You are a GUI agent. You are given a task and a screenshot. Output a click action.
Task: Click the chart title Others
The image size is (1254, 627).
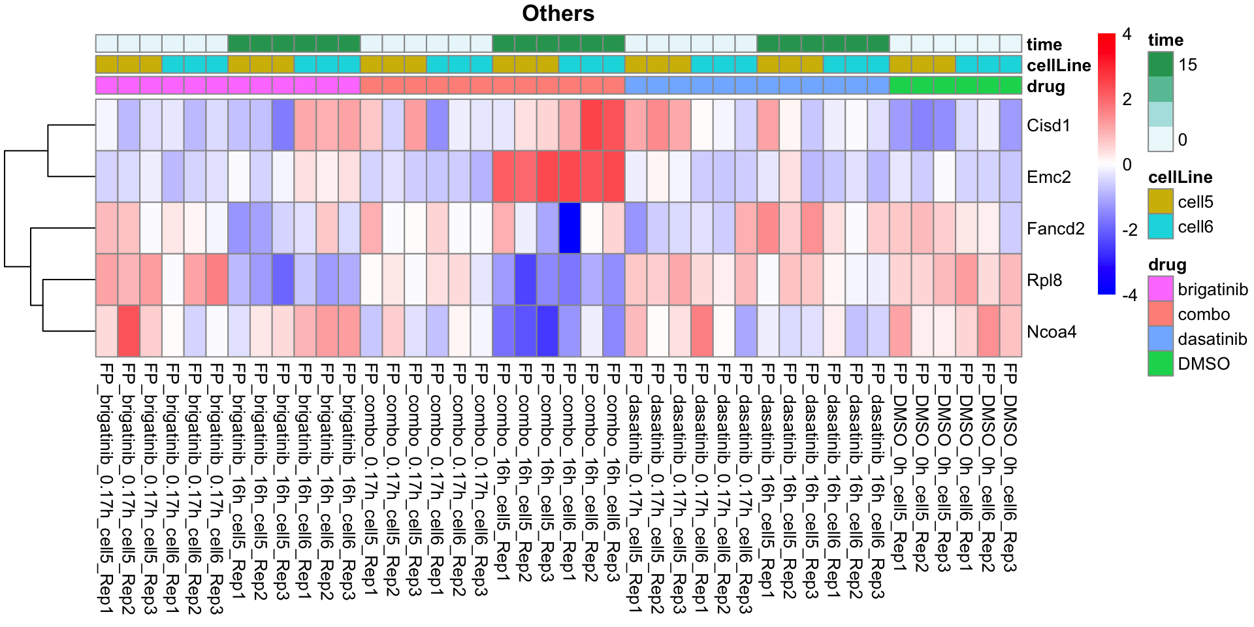(558, 14)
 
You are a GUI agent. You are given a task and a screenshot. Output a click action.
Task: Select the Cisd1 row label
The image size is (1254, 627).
(1048, 125)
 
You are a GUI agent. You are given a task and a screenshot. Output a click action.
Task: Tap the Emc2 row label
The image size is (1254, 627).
(1048, 177)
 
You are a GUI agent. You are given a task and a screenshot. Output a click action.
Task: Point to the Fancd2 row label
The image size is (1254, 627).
(1055, 229)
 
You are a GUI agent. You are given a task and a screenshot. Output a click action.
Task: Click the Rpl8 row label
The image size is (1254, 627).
(1044, 280)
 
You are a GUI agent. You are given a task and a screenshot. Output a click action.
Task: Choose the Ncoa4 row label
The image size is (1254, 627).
(1052, 332)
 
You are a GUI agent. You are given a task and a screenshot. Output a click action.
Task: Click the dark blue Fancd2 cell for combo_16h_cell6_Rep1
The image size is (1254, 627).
(570, 228)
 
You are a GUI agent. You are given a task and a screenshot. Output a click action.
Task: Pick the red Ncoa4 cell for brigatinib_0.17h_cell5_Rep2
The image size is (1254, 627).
(129, 331)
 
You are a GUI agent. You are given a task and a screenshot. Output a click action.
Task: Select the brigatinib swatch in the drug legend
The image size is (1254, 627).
(1161, 289)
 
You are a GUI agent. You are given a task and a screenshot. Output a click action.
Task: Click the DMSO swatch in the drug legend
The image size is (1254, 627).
(1161, 364)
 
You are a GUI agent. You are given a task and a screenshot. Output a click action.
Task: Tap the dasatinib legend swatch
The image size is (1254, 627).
(1161, 339)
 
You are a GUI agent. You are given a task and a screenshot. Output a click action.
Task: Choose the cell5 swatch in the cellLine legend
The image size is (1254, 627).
(1161, 201)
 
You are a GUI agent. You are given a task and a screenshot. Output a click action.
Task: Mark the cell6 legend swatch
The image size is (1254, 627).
(1161, 227)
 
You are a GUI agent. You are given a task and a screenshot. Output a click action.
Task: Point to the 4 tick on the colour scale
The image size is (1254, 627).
(1127, 35)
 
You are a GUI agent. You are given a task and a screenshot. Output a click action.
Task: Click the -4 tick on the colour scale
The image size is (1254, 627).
(1129, 295)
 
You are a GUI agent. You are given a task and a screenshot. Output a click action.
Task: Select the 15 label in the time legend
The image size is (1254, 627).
(1187, 65)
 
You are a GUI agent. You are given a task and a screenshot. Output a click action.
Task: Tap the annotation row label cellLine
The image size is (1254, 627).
(1058, 65)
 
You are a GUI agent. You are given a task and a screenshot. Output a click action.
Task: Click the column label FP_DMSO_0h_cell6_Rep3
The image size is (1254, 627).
(1010, 468)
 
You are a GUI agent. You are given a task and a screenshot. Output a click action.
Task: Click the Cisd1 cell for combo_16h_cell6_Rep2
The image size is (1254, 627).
(592, 125)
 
